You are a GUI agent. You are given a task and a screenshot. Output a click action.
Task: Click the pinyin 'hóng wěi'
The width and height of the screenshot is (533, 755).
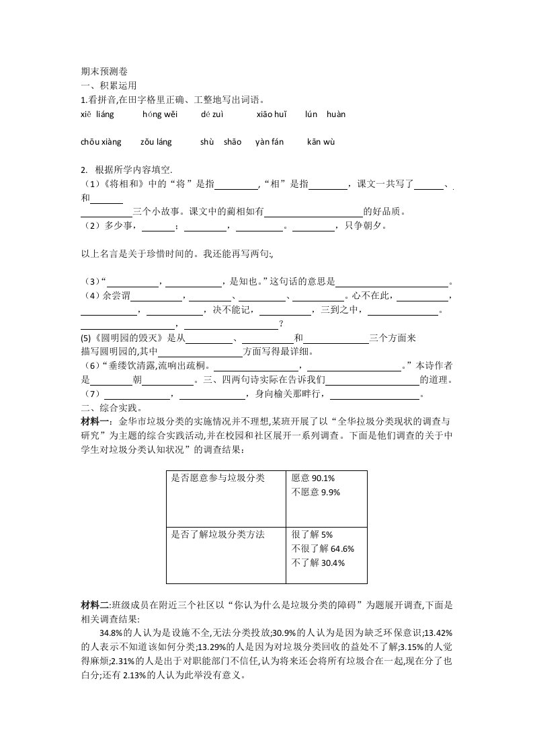click(159, 114)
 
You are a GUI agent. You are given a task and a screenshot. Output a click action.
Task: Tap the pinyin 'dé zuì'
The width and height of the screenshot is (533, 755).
click(213, 114)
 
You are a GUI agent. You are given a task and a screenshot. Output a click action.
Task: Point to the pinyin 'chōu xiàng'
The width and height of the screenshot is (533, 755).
click(101, 142)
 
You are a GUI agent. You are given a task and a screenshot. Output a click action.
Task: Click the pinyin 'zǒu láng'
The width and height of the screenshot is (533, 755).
click(156, 142)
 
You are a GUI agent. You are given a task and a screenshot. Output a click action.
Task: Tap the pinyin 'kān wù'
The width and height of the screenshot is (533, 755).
click(321, 142)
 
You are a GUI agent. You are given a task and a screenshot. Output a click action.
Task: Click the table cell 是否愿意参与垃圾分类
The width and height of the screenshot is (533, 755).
click(218, 478)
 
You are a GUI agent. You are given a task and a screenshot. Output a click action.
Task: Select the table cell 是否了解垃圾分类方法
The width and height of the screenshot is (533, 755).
click(218, 535)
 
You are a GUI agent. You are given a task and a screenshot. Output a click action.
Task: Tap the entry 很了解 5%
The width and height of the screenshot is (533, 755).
click(313, 535)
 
